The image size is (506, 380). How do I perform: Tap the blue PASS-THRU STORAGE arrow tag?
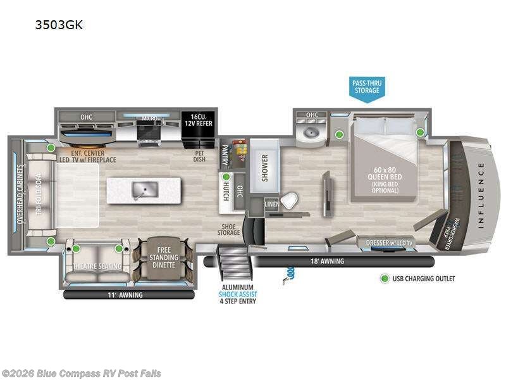[367, 87]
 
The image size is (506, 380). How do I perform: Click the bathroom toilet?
[290, 201]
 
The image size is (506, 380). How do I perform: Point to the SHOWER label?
[265, 168]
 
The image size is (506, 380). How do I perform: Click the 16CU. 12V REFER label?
[198, 120]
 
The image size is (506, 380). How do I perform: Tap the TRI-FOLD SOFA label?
[36, 189]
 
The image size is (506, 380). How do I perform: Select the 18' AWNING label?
[328, 261]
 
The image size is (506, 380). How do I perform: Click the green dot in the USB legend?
[383, 278]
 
